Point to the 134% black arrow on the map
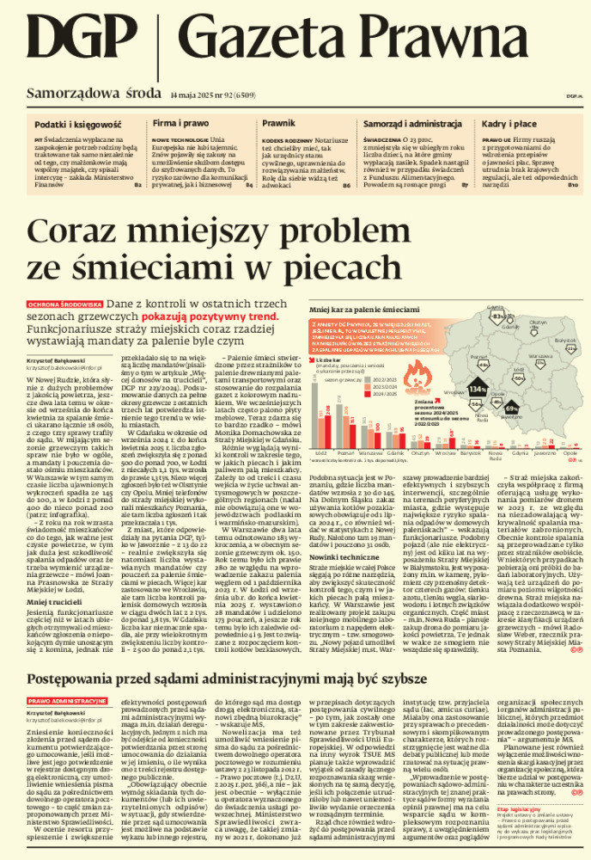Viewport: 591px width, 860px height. [478, 390]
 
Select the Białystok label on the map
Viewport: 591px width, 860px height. [541, 341]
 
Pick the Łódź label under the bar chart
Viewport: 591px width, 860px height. [320, 450]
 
